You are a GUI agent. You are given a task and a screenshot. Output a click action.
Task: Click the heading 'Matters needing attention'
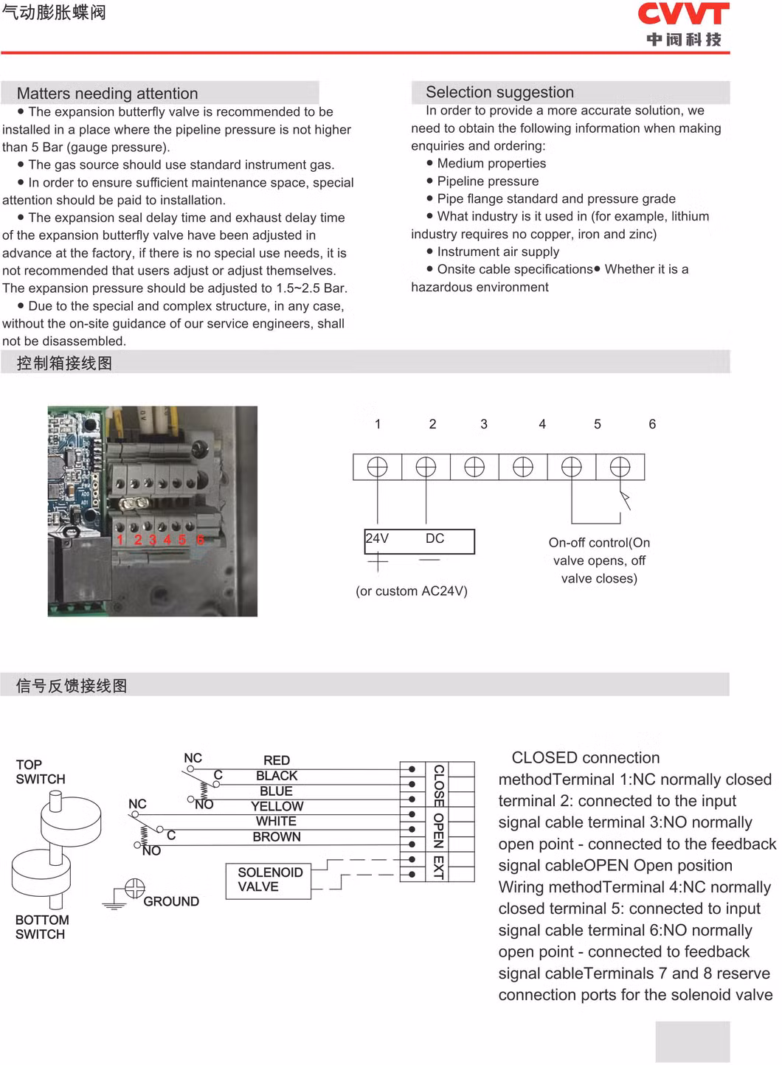(x=107, y=94)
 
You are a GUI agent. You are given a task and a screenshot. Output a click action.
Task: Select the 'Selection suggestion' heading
(x=499, y=92)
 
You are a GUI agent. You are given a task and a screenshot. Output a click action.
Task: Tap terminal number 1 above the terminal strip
(x=378, y=424)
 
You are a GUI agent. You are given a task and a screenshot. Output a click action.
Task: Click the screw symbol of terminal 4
(x=523, y=467)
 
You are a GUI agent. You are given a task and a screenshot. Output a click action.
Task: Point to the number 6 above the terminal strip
(x=652, y=424)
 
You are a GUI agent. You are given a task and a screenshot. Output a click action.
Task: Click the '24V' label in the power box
(x=377, y=538)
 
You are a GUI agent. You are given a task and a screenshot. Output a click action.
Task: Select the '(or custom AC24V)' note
(x=412, y=591)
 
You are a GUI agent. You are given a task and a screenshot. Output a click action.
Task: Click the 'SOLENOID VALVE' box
(x=270, y=880)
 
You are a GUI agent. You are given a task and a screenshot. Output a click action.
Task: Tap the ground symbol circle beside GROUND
(x=135, y=888)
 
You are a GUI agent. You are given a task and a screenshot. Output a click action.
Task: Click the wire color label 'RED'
(x=277, y=760)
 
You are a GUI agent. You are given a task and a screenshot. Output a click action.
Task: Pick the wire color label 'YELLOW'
(x=277, y=806)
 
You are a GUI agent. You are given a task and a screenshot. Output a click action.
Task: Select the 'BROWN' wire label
(x=277, y=837)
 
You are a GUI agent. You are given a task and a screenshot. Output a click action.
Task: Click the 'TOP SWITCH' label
(x=41, y=772)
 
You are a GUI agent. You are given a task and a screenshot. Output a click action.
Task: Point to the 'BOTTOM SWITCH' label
(x=42, y=927)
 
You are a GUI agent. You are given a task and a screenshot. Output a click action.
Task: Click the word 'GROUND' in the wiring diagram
(x=171, y=901)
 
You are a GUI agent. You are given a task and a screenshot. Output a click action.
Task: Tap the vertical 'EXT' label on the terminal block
(x=438, y=867)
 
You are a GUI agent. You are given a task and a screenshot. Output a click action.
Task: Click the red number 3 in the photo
(x=153, y=540)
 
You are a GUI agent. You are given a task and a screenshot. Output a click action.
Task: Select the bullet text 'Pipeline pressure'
(x=488, y=181)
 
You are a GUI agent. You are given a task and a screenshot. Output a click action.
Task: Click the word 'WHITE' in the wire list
(x=276, y=822)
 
